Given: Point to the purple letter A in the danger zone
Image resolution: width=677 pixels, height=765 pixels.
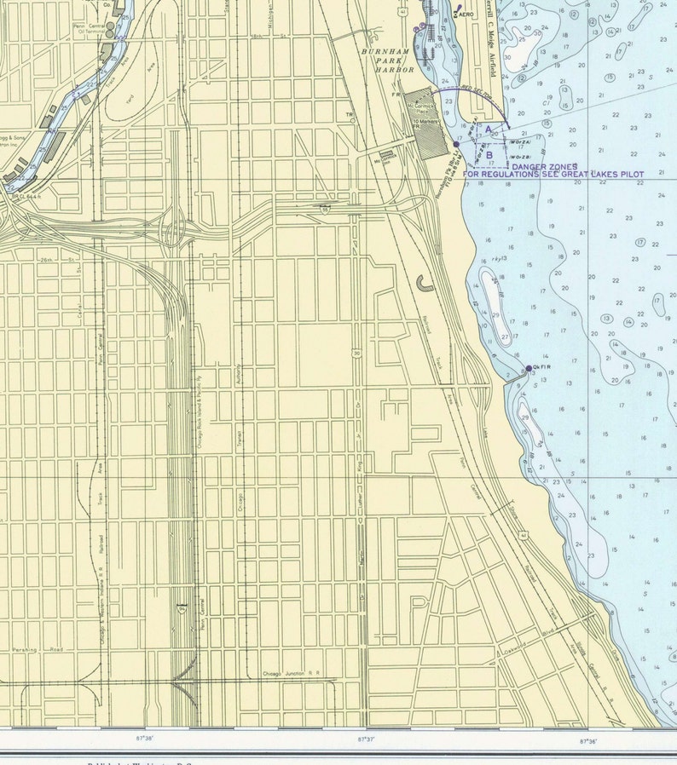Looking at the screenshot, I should pyautogui.click(x=489, y=129).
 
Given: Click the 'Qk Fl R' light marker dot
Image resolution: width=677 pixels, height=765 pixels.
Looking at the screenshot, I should pyautogui.click(x=529, y=368).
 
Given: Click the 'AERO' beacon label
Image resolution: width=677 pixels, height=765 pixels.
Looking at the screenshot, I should pyautogui.click(x=466, y=15).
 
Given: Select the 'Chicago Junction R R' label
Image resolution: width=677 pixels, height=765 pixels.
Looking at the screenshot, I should pyautogui.click(x=290, y=673).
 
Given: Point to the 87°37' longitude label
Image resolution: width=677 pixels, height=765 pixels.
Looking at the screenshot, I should pyautogui.click(x=366, y=739).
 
